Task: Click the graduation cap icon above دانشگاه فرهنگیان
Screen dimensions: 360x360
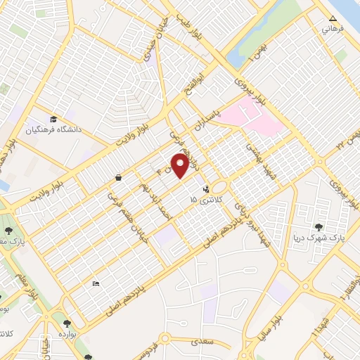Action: pyautogui.click(x=54, y=118)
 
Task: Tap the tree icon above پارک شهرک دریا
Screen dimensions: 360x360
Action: pyautogui.click(x=320, y=227)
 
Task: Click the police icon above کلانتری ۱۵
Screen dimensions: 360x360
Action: pyautogui.click(x=206, y=188)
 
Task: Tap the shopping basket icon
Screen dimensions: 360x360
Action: pyautogui.click(x=118, y=178)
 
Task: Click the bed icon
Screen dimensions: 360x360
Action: pyautogui.click(x=96, y=283)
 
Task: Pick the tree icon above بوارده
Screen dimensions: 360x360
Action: pyautogui.click(x=67, y=324)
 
